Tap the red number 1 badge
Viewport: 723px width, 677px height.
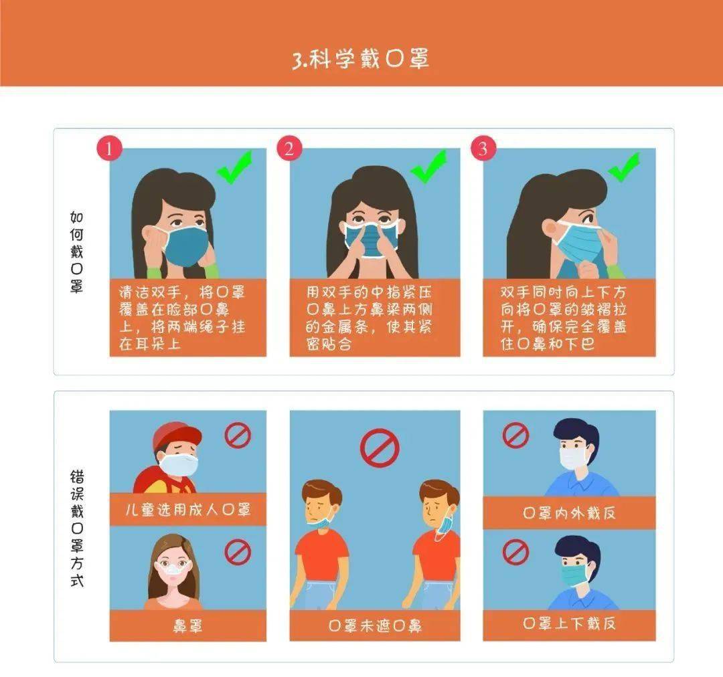[x=109, y=149]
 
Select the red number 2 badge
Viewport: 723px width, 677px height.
[x=289, y=149]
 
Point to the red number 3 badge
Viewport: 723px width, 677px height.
[x=483, y=149]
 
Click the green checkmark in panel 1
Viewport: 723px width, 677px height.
[x=235, y=168]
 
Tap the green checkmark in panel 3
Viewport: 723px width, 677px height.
[x=624, y=167]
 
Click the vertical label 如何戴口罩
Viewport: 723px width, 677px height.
[x=76, y=252]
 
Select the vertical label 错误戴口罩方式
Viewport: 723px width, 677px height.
[x=77, y=528]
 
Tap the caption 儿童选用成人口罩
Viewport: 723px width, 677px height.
[x=187, y=509]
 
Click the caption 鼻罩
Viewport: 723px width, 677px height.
[x=187, y=626]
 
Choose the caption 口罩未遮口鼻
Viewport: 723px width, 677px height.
[x=375, y=625]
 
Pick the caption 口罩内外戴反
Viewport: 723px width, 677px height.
[x=569, y=512]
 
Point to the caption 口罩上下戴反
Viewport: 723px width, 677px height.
[x=569, y=623]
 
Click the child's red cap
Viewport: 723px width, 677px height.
[x=177, y=436]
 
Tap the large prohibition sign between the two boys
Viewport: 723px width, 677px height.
[x=380, y=448]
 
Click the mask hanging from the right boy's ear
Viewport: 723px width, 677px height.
[x=445, y=527]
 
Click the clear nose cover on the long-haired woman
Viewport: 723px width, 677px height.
[x=173, y=568]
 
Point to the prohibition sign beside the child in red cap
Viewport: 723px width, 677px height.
[x=238, y=435]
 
